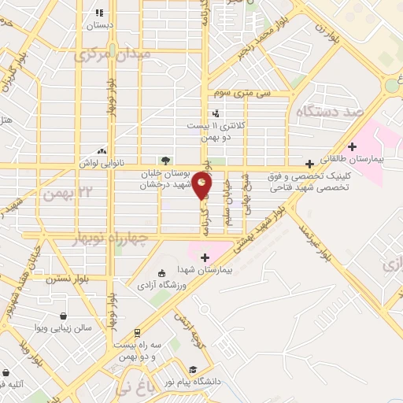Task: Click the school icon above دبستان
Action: pyautogui.click(x=99, y=13)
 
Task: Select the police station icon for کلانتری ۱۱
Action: pyautogui.click(x=215, y=113)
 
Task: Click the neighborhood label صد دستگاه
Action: pyautogui.click(x=330, y=112)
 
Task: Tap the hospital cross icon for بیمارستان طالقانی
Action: pyautogui.click(x=353, y=146)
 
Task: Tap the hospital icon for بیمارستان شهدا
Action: pyautogui.click(x=205, y=257)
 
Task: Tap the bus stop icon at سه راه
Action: pyautogui.click(x=137, y=333)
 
